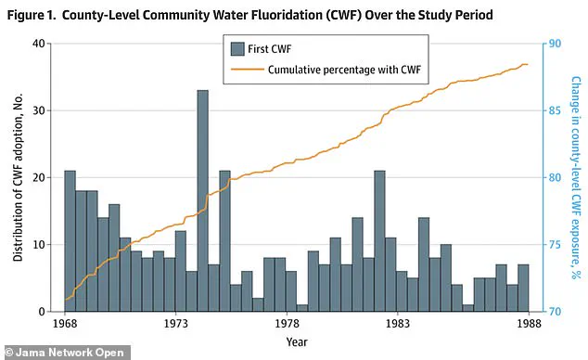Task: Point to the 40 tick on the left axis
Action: point(42,44)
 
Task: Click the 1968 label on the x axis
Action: point(65,323)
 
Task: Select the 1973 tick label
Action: point(176,323)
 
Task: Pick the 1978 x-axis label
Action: point(288,323)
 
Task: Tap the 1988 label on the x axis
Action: point(528,323)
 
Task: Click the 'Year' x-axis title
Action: point(297,341)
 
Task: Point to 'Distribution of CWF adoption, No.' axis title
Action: point(19,177)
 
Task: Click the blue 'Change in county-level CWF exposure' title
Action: point(575,177)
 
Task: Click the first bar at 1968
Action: point(70,241)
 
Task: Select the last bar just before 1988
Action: point(523,288)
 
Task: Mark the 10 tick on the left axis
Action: point(42,245)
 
